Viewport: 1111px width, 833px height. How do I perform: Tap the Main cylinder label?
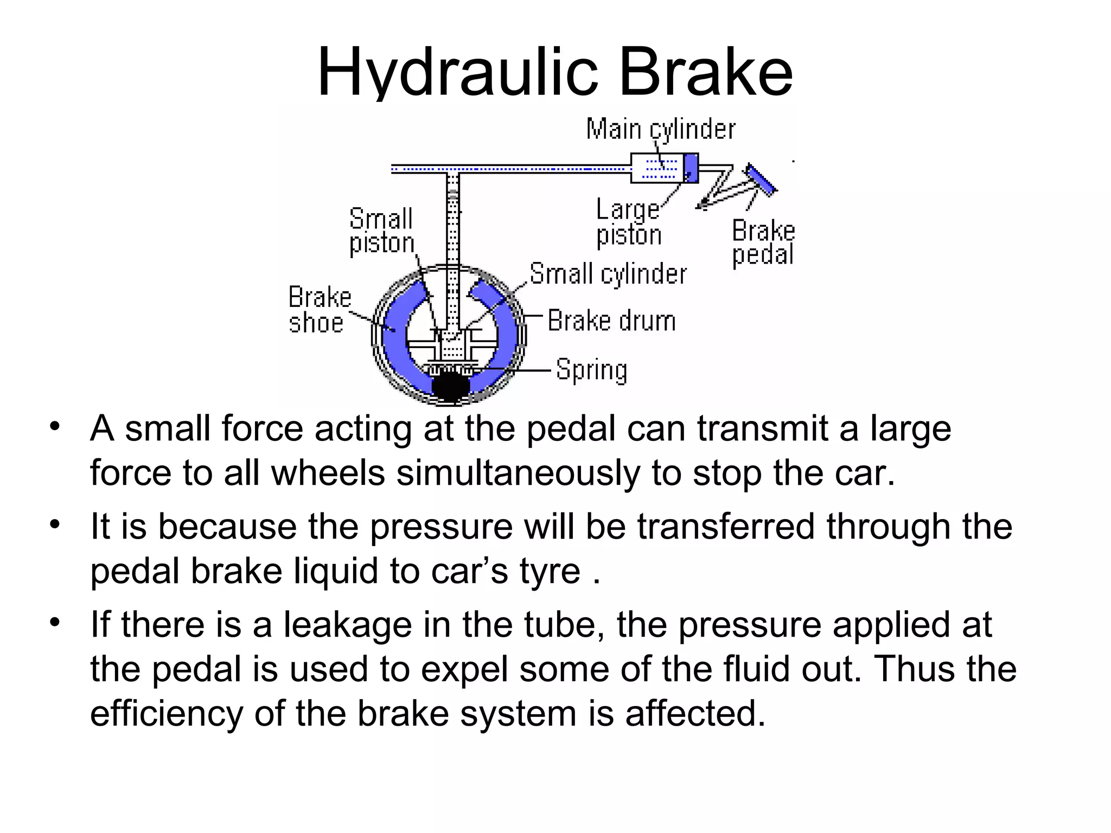coord(660,130)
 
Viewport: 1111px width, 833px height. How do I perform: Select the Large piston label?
coord(629,222)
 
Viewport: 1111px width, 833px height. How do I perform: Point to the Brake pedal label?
coord(763,242)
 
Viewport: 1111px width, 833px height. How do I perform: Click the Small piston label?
coord(381,231)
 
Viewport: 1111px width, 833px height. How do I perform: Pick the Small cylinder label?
coord(608,274)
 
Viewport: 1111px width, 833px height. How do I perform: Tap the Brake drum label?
coord(611,321)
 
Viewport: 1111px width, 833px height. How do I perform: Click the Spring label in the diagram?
coord(592,370)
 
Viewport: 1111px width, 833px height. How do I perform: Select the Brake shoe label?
coord(319,310)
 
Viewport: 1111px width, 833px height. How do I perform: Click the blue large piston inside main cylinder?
coord(691,168)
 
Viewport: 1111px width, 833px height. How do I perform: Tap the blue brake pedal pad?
coord(761,178)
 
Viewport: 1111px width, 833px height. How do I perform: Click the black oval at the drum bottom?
coord(450,386)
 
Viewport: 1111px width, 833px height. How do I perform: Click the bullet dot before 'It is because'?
coord(54,524)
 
